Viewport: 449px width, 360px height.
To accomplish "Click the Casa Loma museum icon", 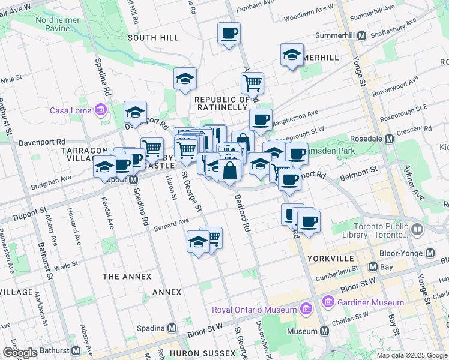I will pyautogui.click(x=100, y=110).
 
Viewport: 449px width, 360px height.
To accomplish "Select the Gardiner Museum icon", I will pyautogui.click(x=328, y=301).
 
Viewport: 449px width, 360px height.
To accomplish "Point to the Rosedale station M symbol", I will pyautogui.click(x=388, y=139).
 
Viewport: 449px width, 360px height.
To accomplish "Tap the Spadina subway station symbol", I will pyautogui.click(x=172, y=328).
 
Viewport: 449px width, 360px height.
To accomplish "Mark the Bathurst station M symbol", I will pyautogui.click(x=76, y=350).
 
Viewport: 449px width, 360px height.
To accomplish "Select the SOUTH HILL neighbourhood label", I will pyautogui.click(x=153, y=38).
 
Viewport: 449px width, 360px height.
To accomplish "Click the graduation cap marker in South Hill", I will pyautogui.click(x=185, y=78).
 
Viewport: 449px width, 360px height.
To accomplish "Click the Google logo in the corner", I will pyautogui.click(x=20, y=352).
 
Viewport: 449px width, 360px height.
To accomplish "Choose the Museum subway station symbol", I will pyautogui.click(x=325, y=331).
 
